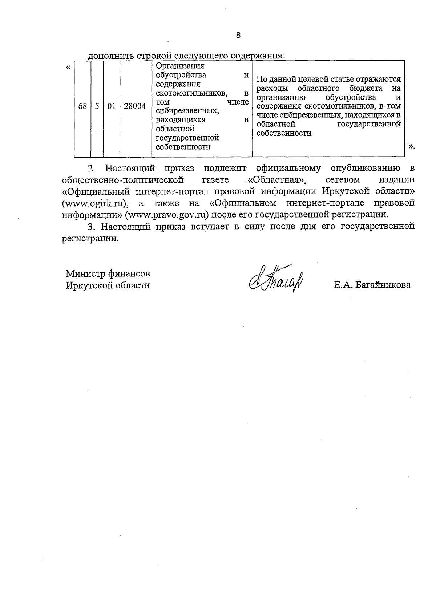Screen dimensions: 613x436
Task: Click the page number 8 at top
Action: click(238, 35)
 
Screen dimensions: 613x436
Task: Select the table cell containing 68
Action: click(82, 106)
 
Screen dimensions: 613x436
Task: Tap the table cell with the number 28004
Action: click(135, 106)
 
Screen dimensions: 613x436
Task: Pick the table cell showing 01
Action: click(112, 106)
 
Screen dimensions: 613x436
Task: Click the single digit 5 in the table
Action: click(97, 106)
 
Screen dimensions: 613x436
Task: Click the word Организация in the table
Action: click(180, 66)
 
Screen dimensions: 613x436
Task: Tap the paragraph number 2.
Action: click(92, 168)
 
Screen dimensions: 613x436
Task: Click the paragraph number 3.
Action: click(92, 227)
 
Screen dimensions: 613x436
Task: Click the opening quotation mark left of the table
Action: click(68, 67)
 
